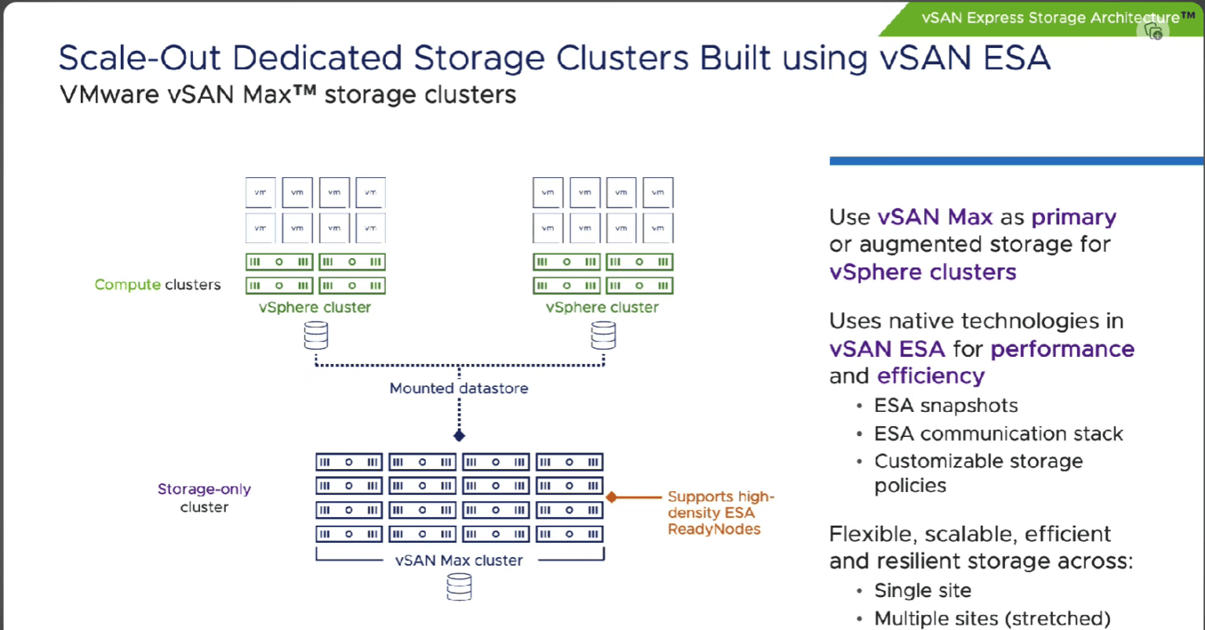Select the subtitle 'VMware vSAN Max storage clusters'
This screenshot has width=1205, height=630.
point(288,95)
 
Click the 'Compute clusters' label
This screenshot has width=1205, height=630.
point(158,285)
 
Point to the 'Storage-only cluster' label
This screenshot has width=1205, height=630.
point(204,498)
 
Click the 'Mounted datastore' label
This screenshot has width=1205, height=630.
point(459,388)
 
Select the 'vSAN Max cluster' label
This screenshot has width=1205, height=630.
point(459,560)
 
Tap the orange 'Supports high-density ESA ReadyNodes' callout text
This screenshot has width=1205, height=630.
point(720,513)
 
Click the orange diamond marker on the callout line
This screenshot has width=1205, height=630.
point(612,497)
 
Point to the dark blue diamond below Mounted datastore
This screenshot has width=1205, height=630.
point(460,435)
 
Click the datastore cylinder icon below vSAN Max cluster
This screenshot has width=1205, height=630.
point(459,587)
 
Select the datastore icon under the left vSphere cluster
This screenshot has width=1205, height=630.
point(315,336)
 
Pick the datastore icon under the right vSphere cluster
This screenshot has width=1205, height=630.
point(603,336)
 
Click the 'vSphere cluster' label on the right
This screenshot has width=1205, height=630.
point(602,308)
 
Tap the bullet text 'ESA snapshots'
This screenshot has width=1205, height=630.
point(946,406)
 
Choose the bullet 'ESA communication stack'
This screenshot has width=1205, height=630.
point(999,434)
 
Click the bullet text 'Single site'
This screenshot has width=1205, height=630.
point(923,591)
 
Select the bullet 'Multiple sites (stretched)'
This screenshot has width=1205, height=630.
point(992,618)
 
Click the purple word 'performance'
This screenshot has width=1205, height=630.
point(1062,349)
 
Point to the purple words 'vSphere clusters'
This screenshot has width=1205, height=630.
point(923,272)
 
